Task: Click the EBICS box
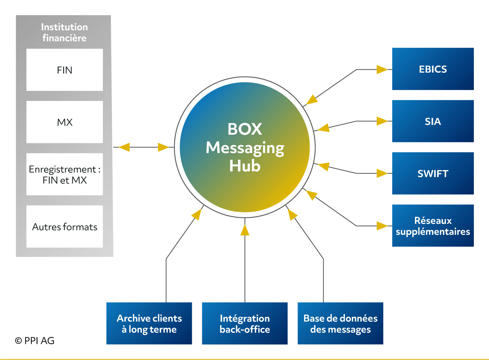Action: (x=433, y=69)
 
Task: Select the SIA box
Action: (x=433, y=121)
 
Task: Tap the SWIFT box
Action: (x=433, y=173)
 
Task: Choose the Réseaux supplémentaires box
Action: (x=433, y=226)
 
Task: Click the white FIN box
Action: (x=65, y=70)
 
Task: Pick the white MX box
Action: (x=65, y=122)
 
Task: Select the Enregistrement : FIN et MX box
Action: (x=65, y=174)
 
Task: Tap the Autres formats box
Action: (x=65, y=226)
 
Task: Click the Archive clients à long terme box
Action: (x=149, y=323)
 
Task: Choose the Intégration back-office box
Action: (x=245, y=323)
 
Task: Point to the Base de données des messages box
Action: (x=340, y=323)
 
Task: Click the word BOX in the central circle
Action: (x=245, y=129)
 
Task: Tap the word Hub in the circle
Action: (x=245, y=166)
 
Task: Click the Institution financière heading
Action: (x=64, y=32)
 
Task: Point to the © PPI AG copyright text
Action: (x=34, y=341)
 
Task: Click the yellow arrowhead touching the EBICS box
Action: (x=382, y=70)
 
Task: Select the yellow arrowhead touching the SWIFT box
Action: (x=382, y=173)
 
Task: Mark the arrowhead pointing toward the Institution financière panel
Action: (x=124, y=147)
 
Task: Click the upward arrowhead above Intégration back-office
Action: (x=245, y=230)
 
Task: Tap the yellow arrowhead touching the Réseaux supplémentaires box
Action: (x=382, y=226)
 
